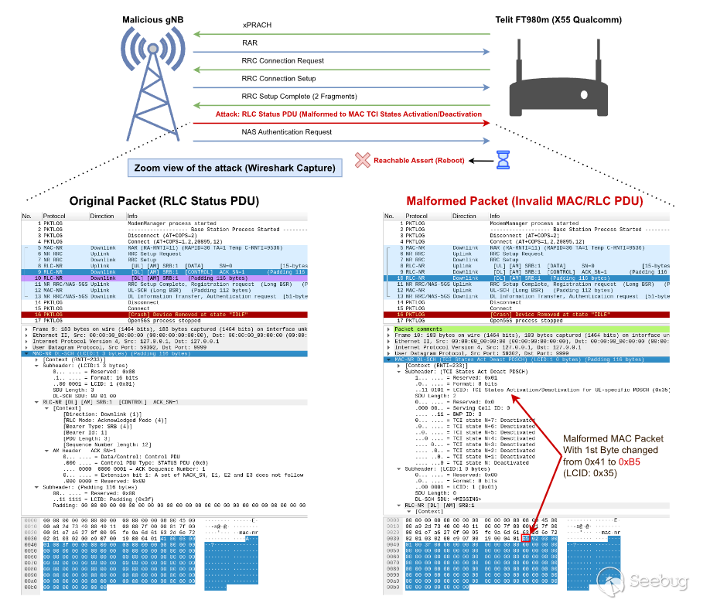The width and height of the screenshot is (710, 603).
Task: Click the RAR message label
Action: pyautogui.click(x=249, y=43)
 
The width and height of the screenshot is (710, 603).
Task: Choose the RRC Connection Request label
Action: pyautogui.click(x=282, y=61)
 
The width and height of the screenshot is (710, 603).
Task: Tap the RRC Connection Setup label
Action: pyautogui.click(x=278, y=79)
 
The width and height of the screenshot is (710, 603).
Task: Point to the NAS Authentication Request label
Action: pyautogui.click(x=287, y=132)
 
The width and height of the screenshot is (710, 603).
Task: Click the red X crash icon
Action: pyautogui.click(x=361, y=160)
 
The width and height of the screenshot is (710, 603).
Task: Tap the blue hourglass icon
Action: pyautogui.click(x=503, y=159)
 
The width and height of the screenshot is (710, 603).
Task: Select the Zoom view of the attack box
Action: pyautogui.click(x=235, y=168)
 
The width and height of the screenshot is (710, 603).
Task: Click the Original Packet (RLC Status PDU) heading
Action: pyautogui.click(x=164, y=202)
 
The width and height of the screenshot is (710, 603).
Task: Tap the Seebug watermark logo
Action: pyautogui.click(x=661, y=581)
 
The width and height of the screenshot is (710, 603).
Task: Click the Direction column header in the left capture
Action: pyautogui.click(x=102, y=216)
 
